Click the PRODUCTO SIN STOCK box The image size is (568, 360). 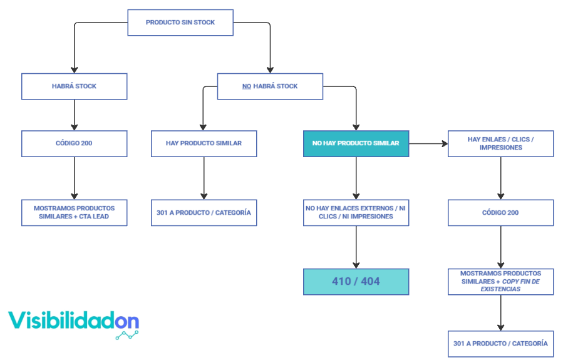point(180,23)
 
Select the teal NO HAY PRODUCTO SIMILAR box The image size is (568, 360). point(356,143)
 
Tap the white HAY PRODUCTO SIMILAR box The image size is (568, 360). point(204,143)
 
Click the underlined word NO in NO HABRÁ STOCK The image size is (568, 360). point(247,86)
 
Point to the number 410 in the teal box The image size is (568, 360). point(341,281)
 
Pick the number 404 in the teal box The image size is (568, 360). point(371,281)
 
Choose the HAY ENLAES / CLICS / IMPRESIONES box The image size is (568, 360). point(500,143)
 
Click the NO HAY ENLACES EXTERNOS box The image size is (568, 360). point(356,212)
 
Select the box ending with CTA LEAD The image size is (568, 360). point(74,212)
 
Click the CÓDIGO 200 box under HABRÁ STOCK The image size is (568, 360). point(74,143)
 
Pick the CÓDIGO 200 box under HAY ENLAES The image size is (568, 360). point(500,212)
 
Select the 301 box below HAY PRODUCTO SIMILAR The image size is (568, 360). point(204,212)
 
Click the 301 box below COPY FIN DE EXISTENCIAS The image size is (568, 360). point(500,343)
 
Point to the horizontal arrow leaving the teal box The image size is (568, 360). point(428,143)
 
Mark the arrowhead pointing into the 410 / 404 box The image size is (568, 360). point(356,264)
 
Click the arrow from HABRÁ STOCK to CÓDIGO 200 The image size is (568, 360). point(74,115)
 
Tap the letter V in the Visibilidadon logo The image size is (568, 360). point(18,321)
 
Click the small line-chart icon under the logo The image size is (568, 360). point(127,335)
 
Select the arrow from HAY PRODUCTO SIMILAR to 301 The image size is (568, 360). point(204,178)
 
